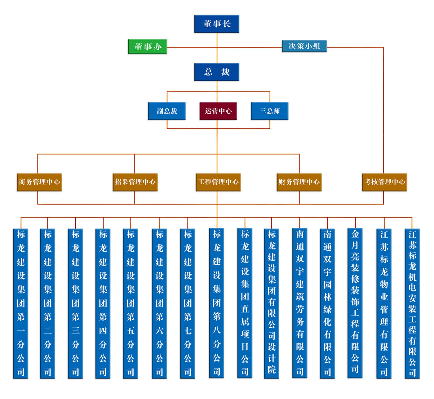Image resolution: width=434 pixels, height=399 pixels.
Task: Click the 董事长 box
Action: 217,24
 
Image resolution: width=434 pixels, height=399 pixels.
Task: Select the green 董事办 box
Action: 148,47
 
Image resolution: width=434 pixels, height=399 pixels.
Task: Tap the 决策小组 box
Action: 304,46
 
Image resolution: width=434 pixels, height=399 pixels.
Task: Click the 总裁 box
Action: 217,72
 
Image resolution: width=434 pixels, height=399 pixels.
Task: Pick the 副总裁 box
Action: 167,111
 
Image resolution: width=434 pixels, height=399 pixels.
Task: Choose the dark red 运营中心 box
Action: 218,111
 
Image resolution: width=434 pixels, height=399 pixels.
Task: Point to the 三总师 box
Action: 269,111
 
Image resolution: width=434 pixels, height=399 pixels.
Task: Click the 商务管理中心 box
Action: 39,182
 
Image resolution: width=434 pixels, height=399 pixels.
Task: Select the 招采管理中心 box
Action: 135,182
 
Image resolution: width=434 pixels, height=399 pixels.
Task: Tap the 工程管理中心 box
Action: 218,182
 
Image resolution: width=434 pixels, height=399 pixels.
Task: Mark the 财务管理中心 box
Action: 299,182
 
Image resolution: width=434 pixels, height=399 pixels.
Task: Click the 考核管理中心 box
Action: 385,182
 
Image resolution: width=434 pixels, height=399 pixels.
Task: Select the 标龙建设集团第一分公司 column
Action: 21,303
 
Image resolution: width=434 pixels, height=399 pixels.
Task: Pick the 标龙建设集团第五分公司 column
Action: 131,303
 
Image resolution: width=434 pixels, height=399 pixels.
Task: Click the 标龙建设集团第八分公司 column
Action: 217,303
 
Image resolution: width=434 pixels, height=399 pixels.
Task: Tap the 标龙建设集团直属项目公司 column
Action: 245,303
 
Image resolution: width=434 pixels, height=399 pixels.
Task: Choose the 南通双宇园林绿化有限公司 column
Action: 327,303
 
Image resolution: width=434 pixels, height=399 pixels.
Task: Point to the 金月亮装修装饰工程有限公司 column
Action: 355,303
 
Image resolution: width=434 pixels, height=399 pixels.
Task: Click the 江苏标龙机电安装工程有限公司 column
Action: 412,303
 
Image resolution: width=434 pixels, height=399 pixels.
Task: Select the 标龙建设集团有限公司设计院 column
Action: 272,303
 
